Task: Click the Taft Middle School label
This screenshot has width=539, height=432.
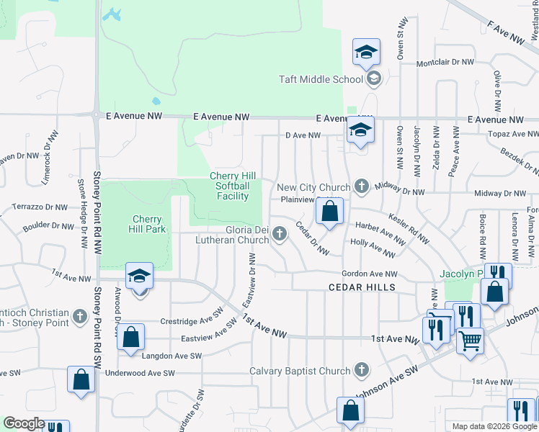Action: (321, 79)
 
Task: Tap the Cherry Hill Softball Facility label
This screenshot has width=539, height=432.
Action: (229, 186)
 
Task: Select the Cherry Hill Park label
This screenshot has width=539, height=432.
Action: (149, 224)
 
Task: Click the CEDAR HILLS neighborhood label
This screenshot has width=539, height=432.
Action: (362, 287)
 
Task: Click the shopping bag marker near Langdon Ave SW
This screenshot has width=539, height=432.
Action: (130, 338)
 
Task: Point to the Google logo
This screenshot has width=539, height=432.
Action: (24, 423)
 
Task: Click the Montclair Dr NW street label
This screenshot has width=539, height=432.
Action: (445, 63)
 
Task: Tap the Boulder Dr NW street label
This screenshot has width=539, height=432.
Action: (48, 226)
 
